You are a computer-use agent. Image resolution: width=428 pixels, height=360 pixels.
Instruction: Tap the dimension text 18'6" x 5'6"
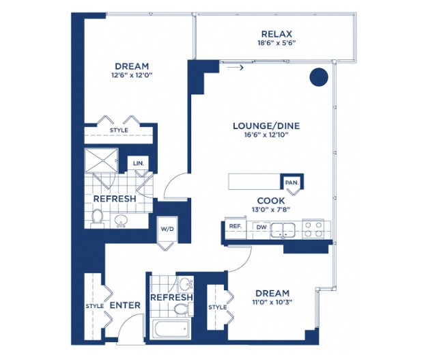[x=276, y=43]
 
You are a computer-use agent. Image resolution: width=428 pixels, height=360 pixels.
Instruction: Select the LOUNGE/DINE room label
[x=266, y=126]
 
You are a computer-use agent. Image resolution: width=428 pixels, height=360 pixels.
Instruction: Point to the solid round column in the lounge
[x=319, y=77]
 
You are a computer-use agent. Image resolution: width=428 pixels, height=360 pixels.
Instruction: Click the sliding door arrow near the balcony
[x=235, y=67]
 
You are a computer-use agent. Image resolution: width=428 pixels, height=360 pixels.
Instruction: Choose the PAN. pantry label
[x=291, y=182]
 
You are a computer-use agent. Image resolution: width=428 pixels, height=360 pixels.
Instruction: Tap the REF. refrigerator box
[x=236, y=227]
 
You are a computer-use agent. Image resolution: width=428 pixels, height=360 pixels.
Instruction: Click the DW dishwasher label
[x=261, y=227]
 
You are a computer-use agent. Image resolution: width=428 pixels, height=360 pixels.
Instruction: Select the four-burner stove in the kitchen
[x=313, y=229]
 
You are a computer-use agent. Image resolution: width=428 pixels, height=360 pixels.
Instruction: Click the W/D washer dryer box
[x=167, y=229]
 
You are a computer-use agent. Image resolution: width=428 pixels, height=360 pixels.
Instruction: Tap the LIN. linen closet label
[x=139, y=163]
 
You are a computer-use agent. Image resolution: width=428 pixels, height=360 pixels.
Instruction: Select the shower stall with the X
[x=101, y=161]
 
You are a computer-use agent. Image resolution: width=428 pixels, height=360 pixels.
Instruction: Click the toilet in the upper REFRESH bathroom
[x=97, y=218]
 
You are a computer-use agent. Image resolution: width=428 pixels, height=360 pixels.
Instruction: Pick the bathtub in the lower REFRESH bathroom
[x=171, y=329]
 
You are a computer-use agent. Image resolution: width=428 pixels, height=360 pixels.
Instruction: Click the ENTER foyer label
[x=125, y=305]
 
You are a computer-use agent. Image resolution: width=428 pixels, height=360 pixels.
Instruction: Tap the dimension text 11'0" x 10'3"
[x=272, y=302]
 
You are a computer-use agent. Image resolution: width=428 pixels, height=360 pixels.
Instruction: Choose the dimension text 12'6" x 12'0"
[x=132, y=75]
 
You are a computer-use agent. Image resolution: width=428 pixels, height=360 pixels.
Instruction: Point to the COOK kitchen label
[x=271, y=201]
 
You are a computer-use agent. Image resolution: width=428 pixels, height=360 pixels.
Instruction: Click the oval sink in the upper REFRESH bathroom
[x=122, y=220]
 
